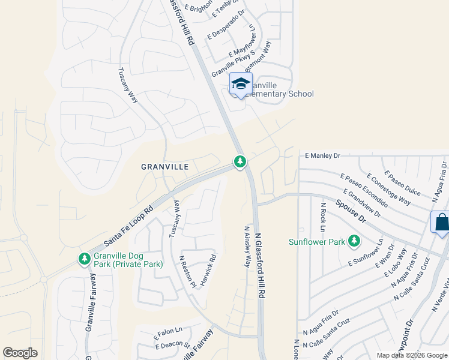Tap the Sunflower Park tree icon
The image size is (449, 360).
point(355,241)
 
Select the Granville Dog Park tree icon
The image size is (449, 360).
point(84,259)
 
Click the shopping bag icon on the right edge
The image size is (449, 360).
point(441,223)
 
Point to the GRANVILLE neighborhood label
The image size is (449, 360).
point(165,166)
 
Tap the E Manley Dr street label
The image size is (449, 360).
point(322,155)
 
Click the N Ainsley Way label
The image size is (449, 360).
point(247,246)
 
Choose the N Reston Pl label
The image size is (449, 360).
point(188,271)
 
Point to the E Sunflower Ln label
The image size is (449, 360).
point(366,255)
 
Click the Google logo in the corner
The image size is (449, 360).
point(20,353)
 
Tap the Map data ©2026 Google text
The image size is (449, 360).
point(412,355)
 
